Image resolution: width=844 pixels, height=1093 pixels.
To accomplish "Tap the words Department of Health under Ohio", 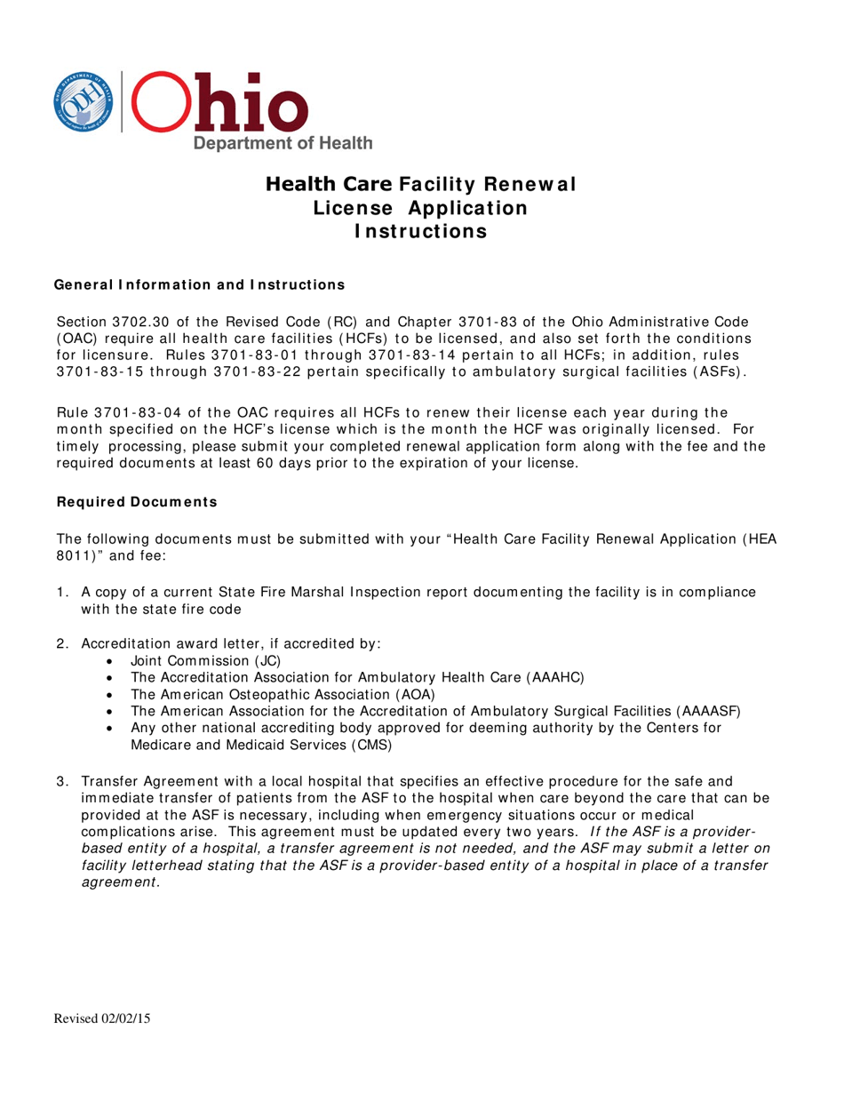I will coord(283,143).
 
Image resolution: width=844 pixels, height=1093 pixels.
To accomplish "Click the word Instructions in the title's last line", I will coord(421,232).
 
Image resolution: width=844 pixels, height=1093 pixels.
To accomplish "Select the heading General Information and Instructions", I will coord(200,285).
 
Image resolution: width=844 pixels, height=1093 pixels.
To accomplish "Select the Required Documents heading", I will coord(137,502).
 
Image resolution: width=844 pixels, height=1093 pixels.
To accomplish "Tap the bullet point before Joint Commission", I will coord(109,661).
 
